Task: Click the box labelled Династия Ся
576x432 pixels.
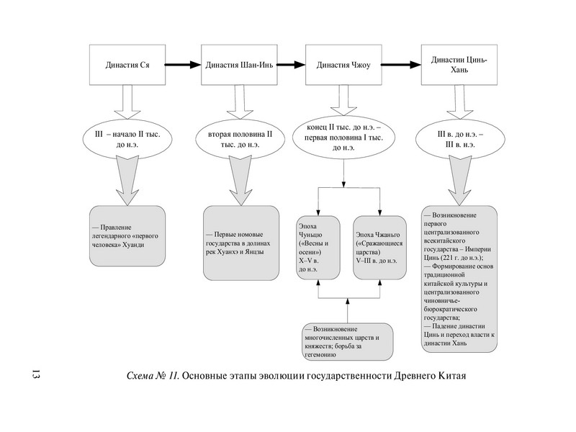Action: (127, 65)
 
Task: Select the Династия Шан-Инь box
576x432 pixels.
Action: (237, 65)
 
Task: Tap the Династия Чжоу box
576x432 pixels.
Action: (343, 65)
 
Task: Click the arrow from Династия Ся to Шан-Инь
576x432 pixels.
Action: (181, 65)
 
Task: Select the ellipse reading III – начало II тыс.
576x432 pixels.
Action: (127, 139)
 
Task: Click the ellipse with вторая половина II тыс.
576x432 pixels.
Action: (237, 139)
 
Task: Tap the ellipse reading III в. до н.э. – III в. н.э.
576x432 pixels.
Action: (459, 139)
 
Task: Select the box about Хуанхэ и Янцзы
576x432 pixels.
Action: (240, 243)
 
